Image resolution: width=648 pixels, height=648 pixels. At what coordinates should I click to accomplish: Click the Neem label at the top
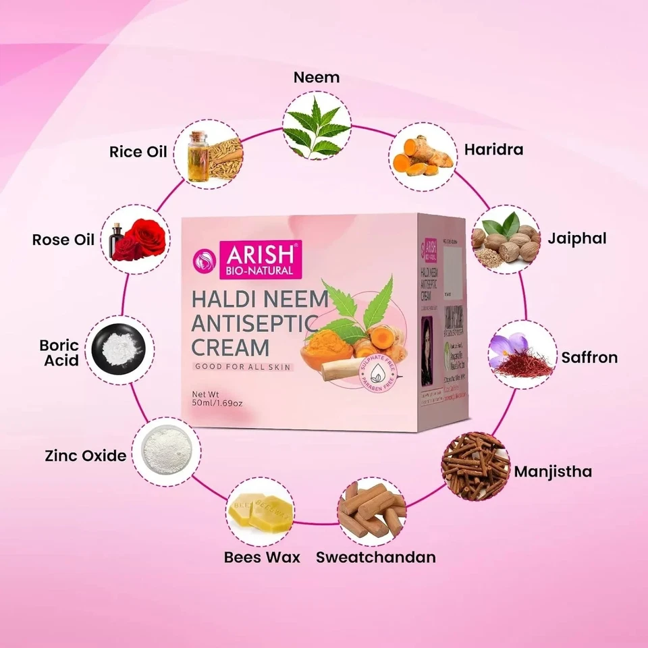point(316,77)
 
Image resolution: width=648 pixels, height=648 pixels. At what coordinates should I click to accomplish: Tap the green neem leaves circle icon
point(316,126)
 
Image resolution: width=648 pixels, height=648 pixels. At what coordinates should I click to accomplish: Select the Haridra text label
point(493,149)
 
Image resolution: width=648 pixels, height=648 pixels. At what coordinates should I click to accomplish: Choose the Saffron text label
point(589,357)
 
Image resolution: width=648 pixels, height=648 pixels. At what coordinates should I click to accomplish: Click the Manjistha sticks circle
point(475,464)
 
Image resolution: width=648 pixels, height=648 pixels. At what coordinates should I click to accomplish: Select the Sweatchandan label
point(376,558)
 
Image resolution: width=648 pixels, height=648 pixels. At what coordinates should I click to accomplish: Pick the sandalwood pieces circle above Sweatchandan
point(371,512)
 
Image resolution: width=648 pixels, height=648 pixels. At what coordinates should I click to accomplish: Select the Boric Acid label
point(60,353)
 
